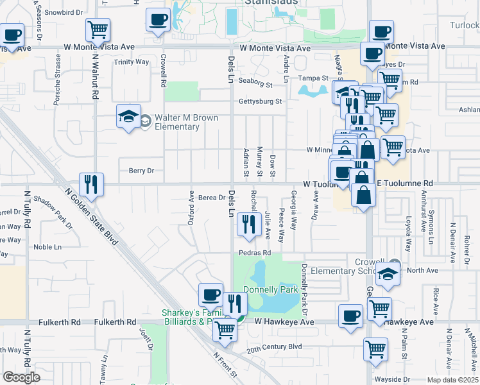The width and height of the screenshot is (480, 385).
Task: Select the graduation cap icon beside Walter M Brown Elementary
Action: (128, 117)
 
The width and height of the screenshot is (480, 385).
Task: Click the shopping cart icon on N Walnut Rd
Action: (98, 29)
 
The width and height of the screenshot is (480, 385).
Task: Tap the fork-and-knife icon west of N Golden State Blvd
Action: (90, 185)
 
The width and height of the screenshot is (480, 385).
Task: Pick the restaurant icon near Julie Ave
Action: (247, 224)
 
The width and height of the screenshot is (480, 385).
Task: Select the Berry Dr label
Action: (142, 171)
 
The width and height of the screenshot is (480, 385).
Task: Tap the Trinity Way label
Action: (131, 62)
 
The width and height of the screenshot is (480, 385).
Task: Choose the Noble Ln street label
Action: (47, 247)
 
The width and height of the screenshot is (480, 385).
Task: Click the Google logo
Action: (21, 377)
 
